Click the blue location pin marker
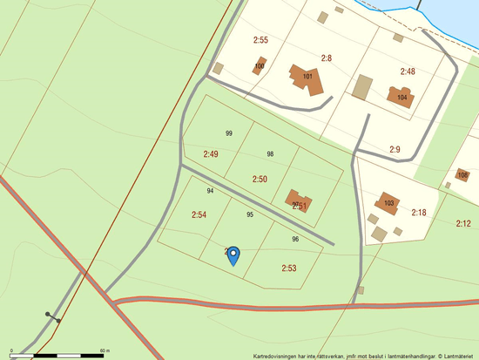click(x=233, y=255)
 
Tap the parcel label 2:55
click(x=260, y=40)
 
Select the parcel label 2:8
click(x=327, y=58)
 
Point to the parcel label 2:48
click(x=408, y=71)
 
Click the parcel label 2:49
click(x=211, y=153)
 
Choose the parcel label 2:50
click(x=260, y=179)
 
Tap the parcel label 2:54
click(x=199, y=214)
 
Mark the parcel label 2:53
click(x=289, y=268)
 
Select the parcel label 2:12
click(x=463, y=224)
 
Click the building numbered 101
click(x=307, y=77)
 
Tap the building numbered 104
click(x=401, y=97)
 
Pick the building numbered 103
click(x=388, y=203)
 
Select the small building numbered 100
click(x=260, y=65)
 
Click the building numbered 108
click(x=462, y=176)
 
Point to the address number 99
click(x=228, y=133)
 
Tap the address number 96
click(x=295, y=239)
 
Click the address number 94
click(x=210, y=191)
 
